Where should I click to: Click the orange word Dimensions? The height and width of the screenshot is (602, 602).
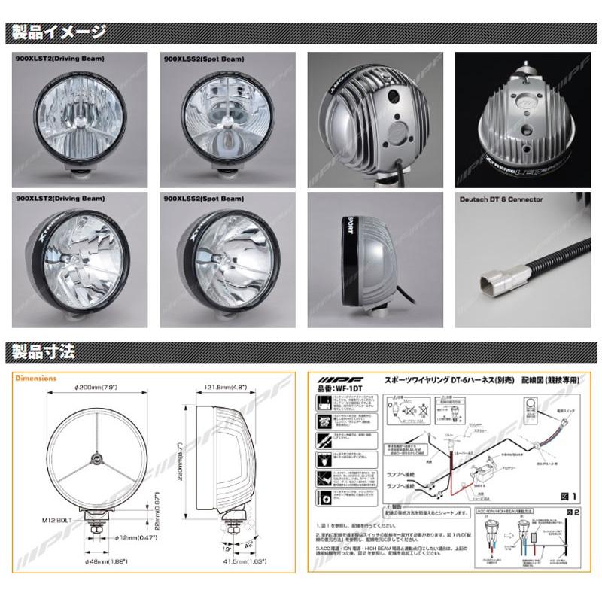click(x=35, y=379)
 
